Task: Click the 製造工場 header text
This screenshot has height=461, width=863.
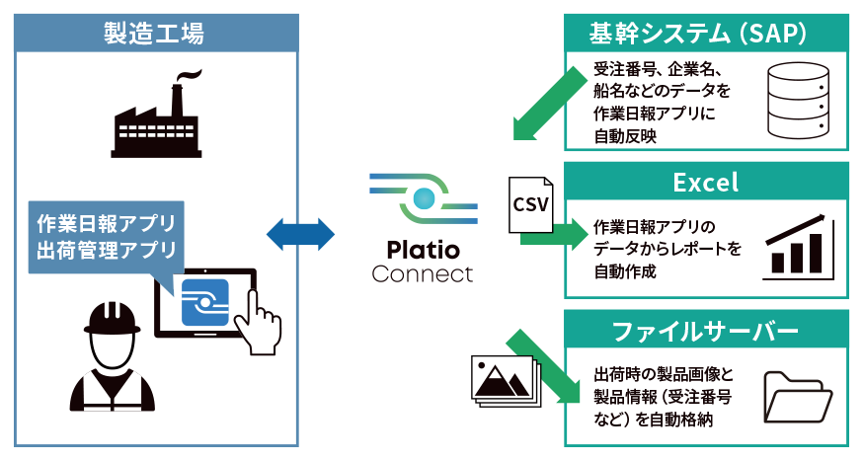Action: tap(154, 35)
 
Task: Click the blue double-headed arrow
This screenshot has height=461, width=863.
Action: tap(302, 233)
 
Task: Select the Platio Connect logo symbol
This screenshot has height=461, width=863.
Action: tap(424, 196)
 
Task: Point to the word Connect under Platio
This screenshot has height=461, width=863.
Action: tap(423, 273)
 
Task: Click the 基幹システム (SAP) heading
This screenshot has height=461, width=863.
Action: tap(705, 35)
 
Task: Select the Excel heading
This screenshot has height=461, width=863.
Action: tap(705, 183)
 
